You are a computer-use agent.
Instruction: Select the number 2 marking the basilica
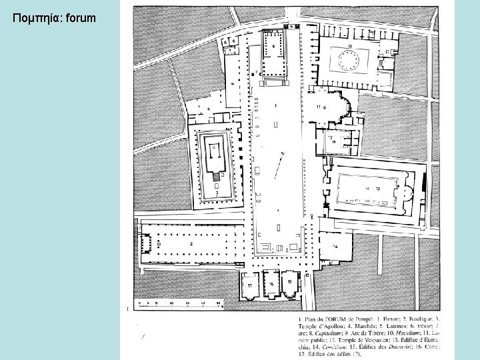point(191,244)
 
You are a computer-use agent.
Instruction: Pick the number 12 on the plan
point(329,137)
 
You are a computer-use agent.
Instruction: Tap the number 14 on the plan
point(335,246)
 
